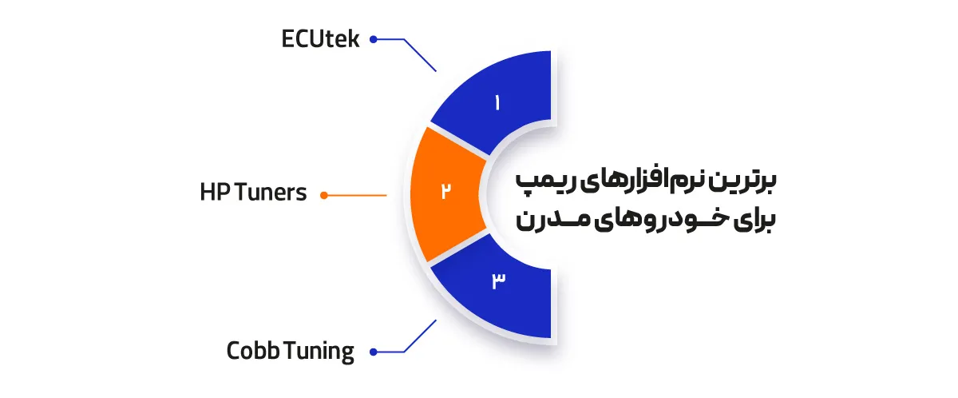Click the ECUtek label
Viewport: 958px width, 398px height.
320,38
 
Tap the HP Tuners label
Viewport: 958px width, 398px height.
253,193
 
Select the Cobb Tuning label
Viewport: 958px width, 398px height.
290,351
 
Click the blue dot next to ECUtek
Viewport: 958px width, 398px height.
373,38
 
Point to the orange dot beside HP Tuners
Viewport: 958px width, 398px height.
324,194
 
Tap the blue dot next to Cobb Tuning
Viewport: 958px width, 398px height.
373,351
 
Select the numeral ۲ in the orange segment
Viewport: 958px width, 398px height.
446,191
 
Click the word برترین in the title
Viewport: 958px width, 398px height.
754,181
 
